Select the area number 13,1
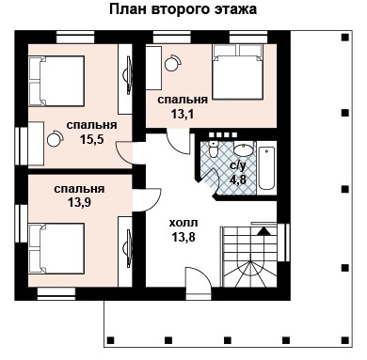coord(182,114)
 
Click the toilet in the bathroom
coord(214,151)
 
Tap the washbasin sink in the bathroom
coord(243,150)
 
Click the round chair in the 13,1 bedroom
coord(172,64)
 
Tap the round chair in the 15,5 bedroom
coord(53,138)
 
